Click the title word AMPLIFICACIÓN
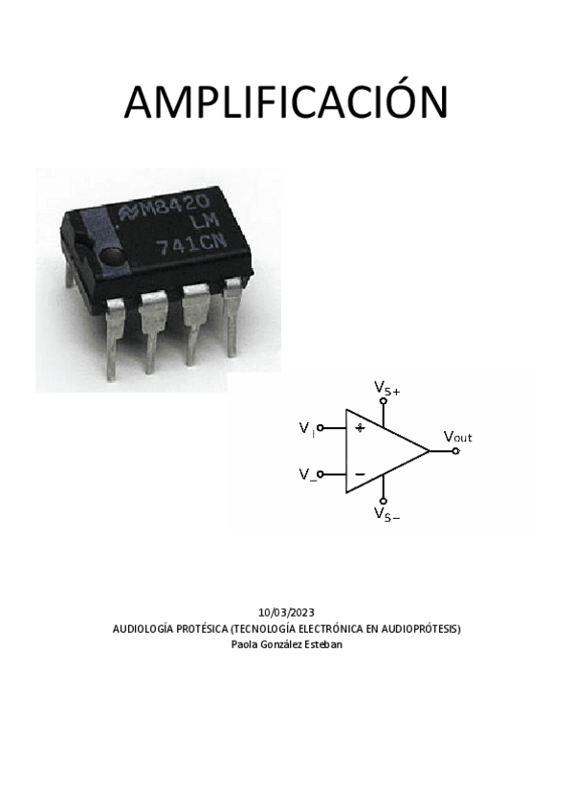(286, 102)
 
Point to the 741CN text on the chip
(191, 243)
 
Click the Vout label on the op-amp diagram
(457, 437)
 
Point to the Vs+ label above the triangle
(386, 388)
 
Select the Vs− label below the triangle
(386, 514)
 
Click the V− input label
(307, 474)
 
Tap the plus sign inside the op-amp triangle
(360, 427)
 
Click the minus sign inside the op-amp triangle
(360, 473)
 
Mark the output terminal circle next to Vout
(455, 450)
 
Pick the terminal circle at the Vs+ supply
(384, 401)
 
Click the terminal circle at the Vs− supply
(384, 500)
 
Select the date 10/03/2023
(286, 612)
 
